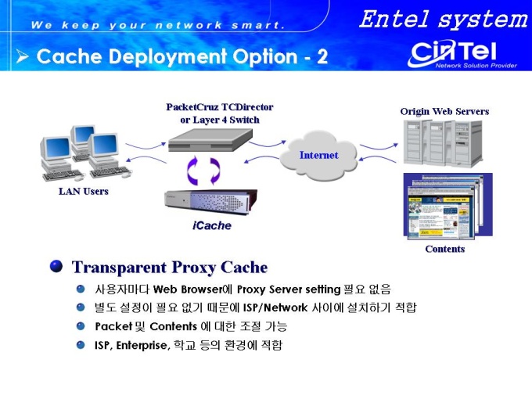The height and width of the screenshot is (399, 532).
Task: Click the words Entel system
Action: tap(444, 20)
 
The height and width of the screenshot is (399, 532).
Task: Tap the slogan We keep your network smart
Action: tap(157, 25)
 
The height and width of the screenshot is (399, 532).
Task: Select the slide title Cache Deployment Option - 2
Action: tap(182, 56)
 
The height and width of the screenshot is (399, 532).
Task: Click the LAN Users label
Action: tap(84, 192)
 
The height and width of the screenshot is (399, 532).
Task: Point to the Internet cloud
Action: tap(318, 156)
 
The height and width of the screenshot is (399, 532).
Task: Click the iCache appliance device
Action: tap(210, 203)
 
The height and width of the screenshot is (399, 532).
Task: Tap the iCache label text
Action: tap(212, 225)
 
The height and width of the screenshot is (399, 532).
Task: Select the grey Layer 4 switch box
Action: tap(210, 140)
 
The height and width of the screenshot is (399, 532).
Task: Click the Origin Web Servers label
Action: tap(444, 112)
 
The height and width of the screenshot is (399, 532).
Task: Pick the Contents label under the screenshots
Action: tap(445, 249)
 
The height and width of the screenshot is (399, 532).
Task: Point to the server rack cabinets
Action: tap(443, 143)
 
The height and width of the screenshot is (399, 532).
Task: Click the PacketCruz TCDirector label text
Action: tap(220, 107)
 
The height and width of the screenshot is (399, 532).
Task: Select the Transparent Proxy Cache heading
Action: tap(170, 268)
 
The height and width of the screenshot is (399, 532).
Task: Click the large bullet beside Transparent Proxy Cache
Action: tap(56, 266)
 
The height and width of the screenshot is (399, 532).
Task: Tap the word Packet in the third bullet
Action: tap(113, 326)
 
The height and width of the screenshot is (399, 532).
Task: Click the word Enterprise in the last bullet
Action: tap(142, 345)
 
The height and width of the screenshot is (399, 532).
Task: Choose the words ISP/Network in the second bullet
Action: tap(275, 307)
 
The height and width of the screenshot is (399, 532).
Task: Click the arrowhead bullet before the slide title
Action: tap(22, 56)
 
